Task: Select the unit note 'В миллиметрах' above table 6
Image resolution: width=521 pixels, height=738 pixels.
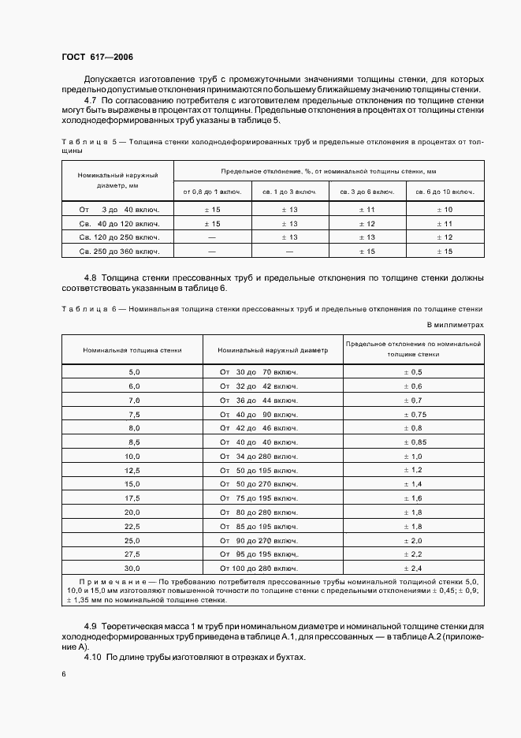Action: (455, 324)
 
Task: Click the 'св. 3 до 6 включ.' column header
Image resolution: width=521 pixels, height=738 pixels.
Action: (367, 192)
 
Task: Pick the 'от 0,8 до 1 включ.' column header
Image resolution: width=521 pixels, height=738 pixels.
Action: (211, 192)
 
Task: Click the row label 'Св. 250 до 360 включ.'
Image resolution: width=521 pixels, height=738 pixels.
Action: (118, 251)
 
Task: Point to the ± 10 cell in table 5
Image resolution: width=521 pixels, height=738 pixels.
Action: (445, 209)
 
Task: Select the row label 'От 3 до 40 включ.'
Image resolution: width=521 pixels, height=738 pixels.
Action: (118, 209)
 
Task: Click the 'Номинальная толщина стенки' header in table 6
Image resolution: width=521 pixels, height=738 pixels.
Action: (132, 349)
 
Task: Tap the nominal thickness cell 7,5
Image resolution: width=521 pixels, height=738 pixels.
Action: (133, 414)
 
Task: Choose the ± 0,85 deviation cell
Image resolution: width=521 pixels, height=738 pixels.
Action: (413, 442)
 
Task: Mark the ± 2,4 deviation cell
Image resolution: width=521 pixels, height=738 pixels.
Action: (413, 568)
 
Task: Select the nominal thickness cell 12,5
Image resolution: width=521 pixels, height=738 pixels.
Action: (133, 470)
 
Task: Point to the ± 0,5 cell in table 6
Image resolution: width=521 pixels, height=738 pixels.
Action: (413, 371)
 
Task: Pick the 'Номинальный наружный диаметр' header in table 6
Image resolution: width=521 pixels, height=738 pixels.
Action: (273, 349)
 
